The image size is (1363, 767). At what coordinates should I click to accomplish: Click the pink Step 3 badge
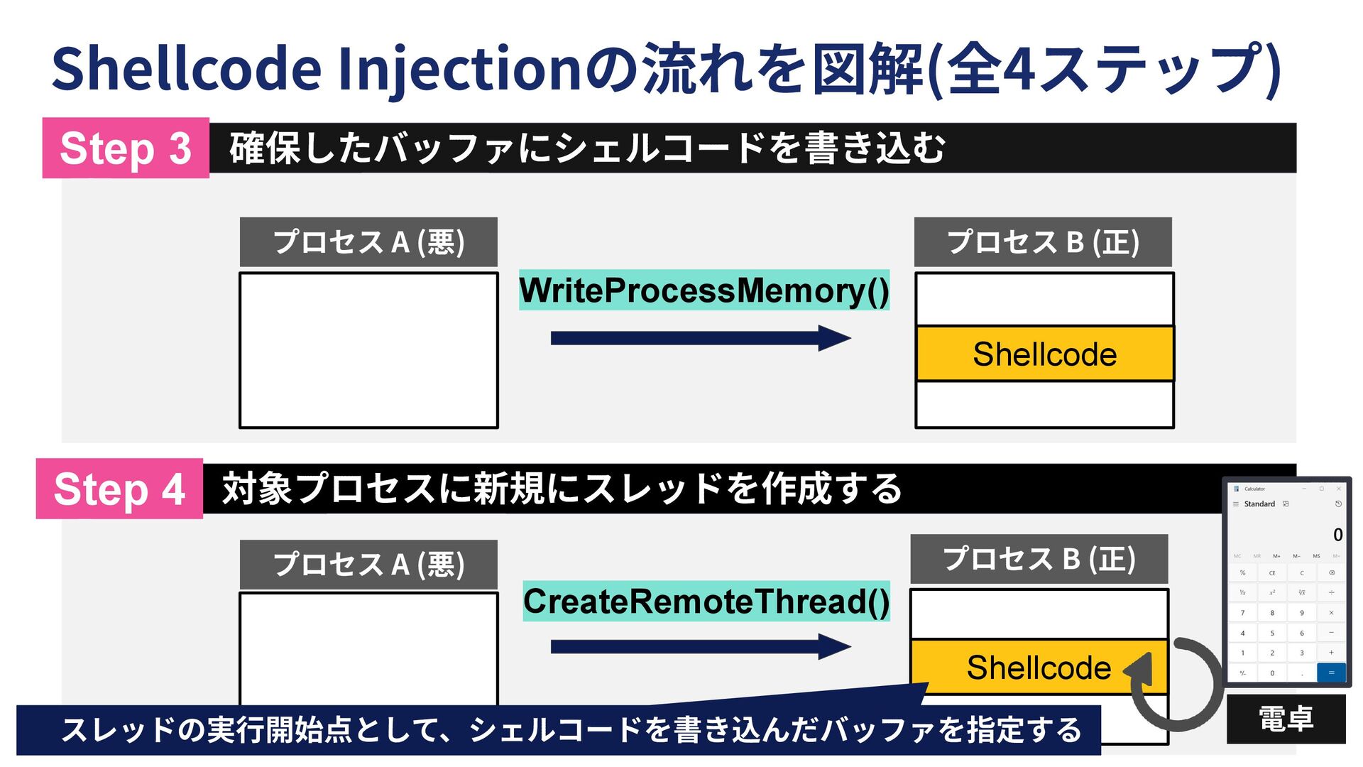point(126,148)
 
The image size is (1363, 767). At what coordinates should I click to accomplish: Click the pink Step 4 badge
point(119,489)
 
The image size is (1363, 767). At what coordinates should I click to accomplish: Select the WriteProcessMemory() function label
point(704,290)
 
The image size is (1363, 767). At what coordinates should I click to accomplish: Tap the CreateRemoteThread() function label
point(706,602)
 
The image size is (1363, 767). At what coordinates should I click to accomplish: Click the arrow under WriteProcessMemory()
point(700,338)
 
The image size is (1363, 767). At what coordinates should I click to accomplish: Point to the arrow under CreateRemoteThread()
point(700,646)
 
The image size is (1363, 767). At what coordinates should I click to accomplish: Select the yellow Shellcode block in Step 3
point(1044,354)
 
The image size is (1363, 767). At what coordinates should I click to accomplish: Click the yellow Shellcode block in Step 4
point(1038,668)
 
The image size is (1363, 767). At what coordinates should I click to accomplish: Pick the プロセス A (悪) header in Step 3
point(368,242)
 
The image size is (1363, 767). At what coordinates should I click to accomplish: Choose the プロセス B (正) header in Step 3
point(1043,242)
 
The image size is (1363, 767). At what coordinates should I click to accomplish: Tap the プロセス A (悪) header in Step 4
point(368,565)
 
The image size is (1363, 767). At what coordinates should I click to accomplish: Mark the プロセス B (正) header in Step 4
point(1039,559)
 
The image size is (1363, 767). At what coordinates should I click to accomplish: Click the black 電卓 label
point(1286,719)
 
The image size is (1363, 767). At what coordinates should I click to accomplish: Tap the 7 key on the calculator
point(1242,613)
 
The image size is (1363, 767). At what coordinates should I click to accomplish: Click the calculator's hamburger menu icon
point(1236,504)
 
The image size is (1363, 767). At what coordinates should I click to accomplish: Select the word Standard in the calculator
point(1259,504)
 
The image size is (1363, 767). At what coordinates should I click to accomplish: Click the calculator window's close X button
point(1339,489)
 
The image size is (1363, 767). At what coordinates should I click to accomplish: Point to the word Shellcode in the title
point(187,69)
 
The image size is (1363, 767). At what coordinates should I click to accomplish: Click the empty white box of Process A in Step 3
point(368,350)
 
